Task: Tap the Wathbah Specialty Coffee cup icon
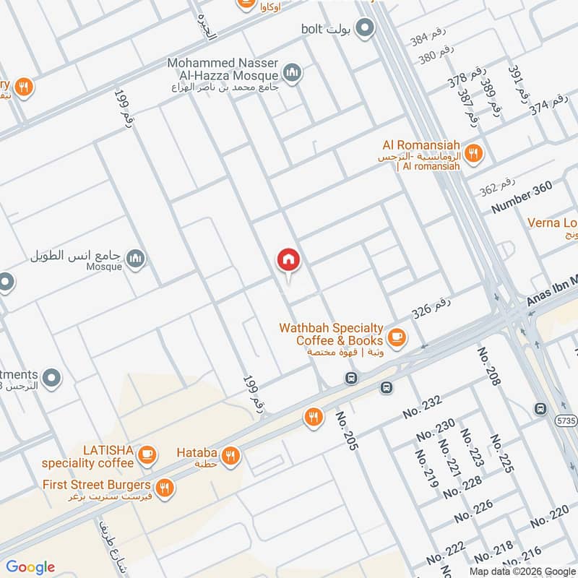click(x=396, y=337)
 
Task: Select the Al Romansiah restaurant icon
click(x=474, y=152)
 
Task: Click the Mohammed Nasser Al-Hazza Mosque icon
click(x=293, y=72)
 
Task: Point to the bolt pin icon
click(x=366, y=28)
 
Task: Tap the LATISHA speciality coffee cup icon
click(x=147, y=454)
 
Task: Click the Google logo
click(x=30, y=567)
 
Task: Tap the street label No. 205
click(x=347, y=431)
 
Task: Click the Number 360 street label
click(x=522, y=197)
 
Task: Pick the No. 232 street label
click(x=423, y=407)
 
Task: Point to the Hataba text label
click(x=197, y=453)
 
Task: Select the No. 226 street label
click(x=473, y=511)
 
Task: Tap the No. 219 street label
click(x=426, y=468)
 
